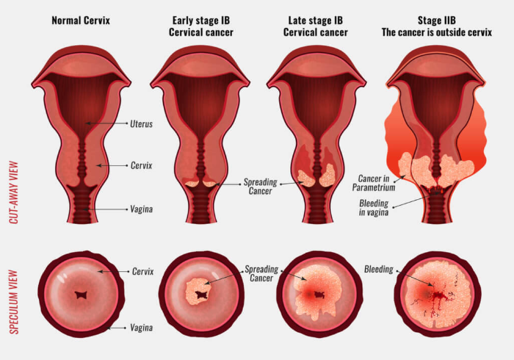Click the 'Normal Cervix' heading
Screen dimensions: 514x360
[x=81, y=21]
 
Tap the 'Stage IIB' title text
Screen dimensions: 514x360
[x=437, y=21]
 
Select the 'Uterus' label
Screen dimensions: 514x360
[x=141, y=124]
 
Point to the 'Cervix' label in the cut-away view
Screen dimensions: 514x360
[x=141, y=165]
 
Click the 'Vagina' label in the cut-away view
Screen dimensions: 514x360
[x=141, y=209]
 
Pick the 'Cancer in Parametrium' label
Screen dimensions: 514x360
[x=374, y=183]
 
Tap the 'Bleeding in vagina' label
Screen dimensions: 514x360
[x=374, y=208]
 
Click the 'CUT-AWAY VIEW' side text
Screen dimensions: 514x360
[x=13, y=192]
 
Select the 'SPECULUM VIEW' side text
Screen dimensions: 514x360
[x=13, y=302]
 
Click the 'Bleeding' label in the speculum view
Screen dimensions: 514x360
[x=379, y=269]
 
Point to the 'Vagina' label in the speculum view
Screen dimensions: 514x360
[x=141, y=328]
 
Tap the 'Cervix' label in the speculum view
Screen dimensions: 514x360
[x=142, y=272]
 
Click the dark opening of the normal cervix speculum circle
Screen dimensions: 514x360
[x=80, y=295]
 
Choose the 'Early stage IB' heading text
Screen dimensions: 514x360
[x=201, y=21]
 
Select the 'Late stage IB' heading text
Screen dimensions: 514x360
[x=315, y=21]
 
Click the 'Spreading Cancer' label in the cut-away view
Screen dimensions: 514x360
[x=260, y=187]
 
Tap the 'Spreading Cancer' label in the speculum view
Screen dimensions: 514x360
[x=261, y=274]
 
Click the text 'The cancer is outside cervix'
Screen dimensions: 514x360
[x=437, y=32]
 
